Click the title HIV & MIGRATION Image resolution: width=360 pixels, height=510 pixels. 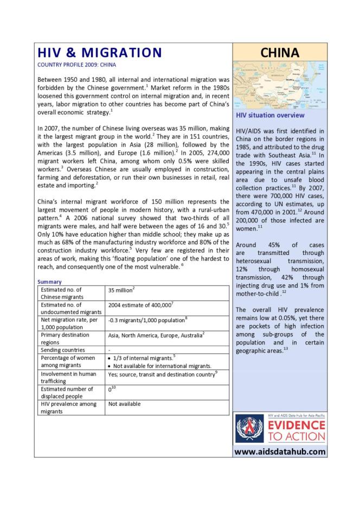click(x=99, y=53)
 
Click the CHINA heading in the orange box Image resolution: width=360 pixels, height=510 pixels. click(x=279, y=53)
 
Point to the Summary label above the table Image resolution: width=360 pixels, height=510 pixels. click(x=49, y=282)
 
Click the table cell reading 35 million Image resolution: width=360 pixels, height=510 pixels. click(x=120, y=290)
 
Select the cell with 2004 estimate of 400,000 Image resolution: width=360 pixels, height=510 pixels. click(x=140, y=305)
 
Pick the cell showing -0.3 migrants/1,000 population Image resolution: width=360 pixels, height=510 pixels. click(x=147, y=320)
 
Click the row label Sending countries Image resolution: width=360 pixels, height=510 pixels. click(x=63, y=350)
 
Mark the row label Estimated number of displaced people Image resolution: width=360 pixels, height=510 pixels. click(x=67, y=392)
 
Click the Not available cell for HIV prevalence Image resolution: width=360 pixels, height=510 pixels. click(x=124, y=404)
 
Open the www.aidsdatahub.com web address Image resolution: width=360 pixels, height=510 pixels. click(x=280, y=451)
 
